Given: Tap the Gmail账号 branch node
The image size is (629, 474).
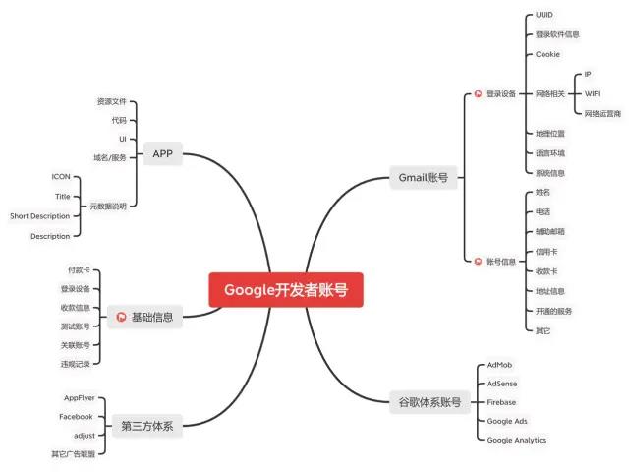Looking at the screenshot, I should (423, 178).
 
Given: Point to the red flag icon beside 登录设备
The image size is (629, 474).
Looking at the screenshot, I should (478, 94).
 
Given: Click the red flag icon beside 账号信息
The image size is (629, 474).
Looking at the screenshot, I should (478, 262).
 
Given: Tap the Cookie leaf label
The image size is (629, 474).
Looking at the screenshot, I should (547, 54).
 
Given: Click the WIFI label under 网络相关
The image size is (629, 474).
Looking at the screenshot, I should (592, 94).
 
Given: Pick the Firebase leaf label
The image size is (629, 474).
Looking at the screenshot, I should (501, 402).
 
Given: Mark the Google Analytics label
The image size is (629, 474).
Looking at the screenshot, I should (517, 440).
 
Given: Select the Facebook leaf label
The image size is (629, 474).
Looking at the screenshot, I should (76, 417).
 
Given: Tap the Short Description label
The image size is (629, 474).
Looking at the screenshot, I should (40, 215).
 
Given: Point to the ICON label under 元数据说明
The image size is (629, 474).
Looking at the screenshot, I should (61, 176).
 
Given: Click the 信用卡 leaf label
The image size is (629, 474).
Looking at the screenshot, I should (546, 252).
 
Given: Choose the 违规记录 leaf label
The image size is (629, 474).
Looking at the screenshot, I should (76, 364).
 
